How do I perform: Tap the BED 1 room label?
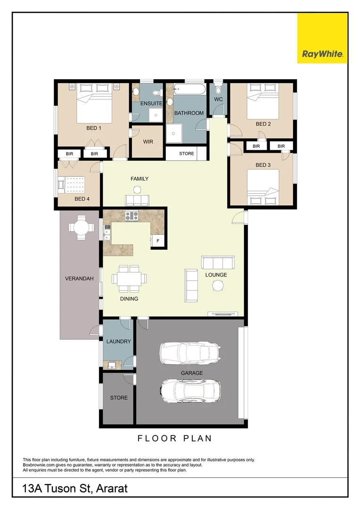point(93,128)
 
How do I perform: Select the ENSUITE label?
point(151,103)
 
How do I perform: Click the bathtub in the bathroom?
point(189,90)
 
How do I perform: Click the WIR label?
point(147,141)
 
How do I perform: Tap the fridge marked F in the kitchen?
point(158,241)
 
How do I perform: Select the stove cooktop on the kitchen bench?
point(131,216)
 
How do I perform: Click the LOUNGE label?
point(216,275)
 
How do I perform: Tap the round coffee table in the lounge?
point(218,286)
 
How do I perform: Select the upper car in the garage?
point(189,353)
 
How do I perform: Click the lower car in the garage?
point(189,390)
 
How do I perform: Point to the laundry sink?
point(113,365)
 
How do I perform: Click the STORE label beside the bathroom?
point(186,154)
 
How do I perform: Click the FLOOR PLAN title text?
point(174,438)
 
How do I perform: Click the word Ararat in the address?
point(112,489)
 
